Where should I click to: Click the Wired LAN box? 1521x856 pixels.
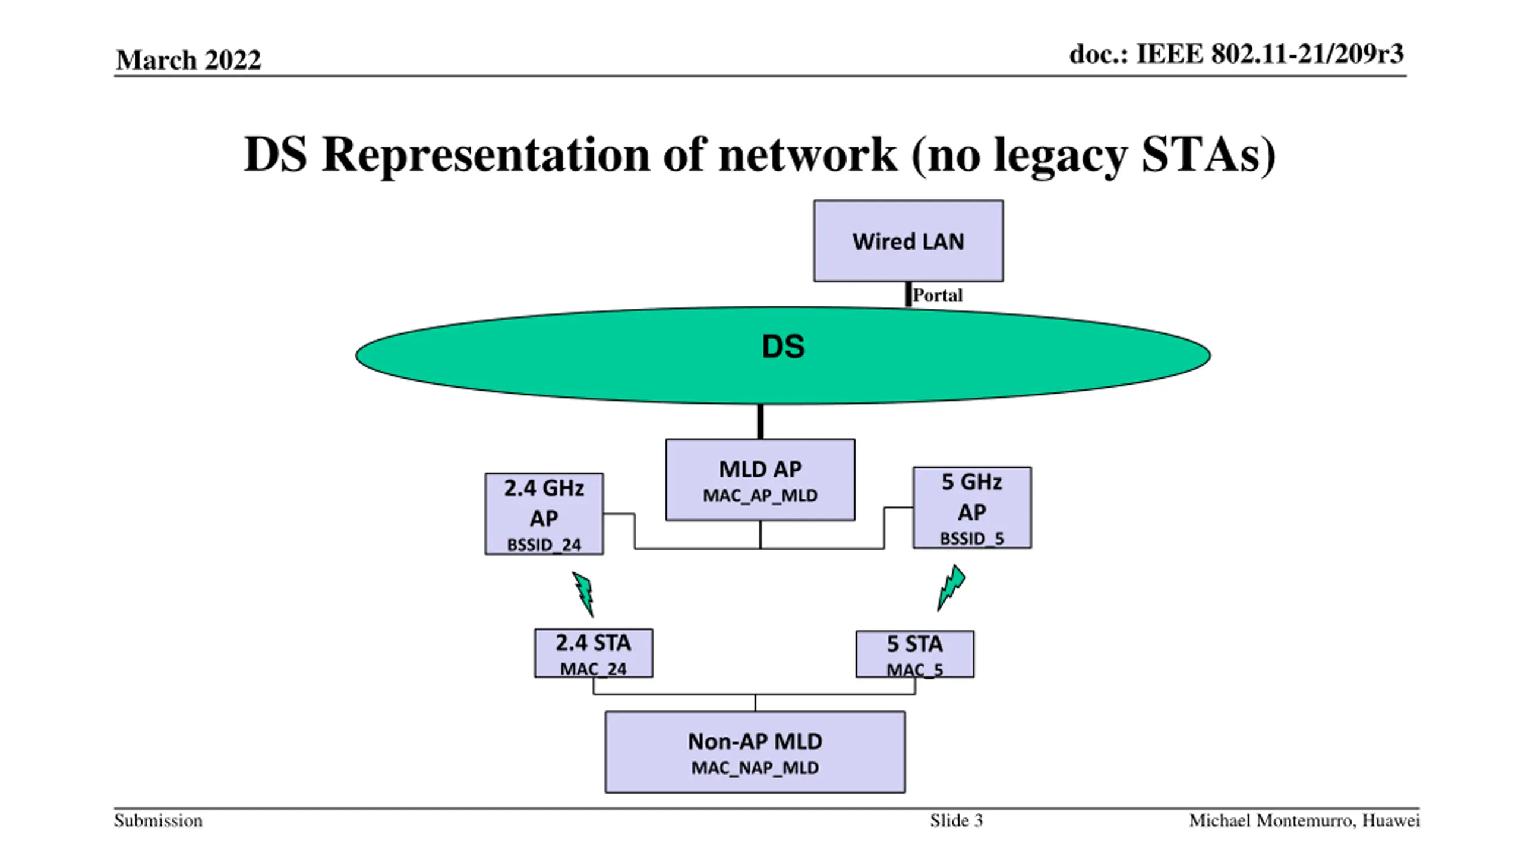[x=908, y=241]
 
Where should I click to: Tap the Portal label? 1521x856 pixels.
[x=937, y=295]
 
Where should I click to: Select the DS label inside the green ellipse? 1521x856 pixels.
[x=783, y=347]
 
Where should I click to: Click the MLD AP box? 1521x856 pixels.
[x=760, y=480]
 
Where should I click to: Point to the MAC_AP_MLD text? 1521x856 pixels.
[x=760, y=496]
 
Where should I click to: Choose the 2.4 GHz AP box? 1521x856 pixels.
[x=544, y=514]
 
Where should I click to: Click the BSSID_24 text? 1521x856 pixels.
[x=544, y=545]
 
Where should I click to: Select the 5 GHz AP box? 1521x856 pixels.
[x=972, y=508]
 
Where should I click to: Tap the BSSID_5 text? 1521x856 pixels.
[x=972, y=539]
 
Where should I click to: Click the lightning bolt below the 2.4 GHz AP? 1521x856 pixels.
[x=583, y=594]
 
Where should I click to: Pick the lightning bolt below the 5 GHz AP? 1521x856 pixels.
[x=951, y=588]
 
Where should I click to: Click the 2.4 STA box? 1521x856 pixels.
[x=594, y=653]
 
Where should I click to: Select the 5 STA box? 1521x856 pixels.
[x=915, y=654]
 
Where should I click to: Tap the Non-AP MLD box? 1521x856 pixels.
[x=755, y=752]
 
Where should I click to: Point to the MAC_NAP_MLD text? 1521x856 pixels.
[x=755, y=768]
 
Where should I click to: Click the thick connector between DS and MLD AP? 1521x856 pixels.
[x=760, y=421]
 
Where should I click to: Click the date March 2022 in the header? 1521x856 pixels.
[x=188, y=60]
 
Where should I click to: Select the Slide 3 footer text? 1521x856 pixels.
[x=957, y=821]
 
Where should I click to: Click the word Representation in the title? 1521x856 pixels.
[x=486, y=155]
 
